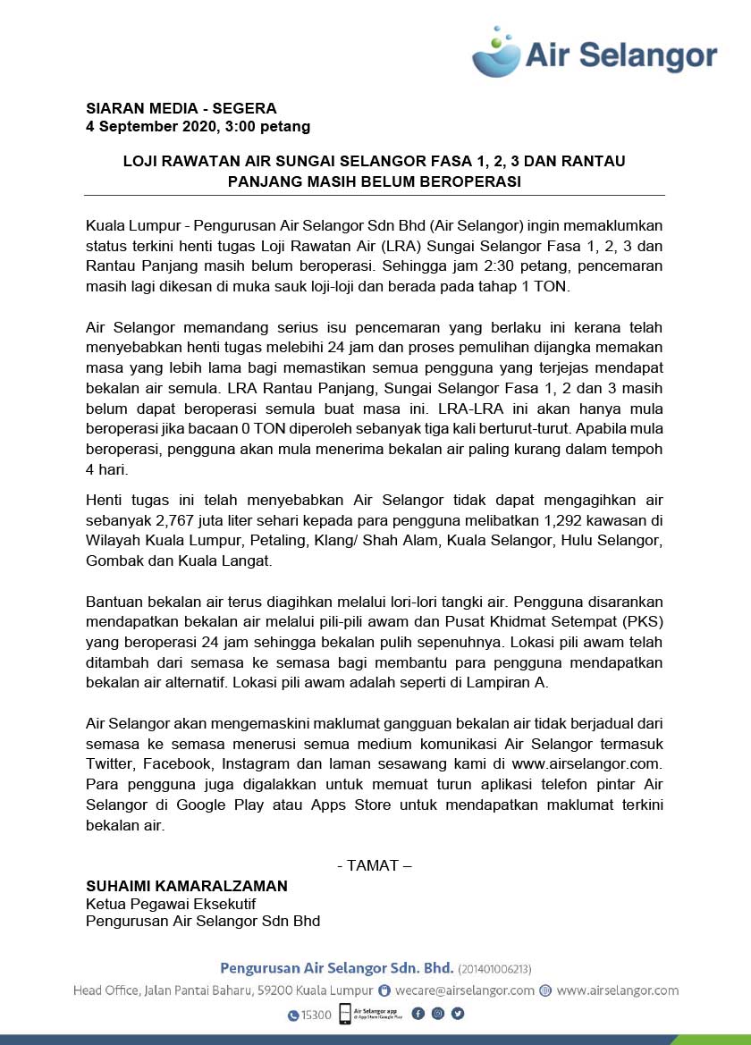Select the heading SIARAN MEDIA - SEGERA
tap(181, 108)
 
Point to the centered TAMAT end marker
tap(375, 865)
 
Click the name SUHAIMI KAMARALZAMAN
tap(187, 886)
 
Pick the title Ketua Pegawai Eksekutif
tap(170, 904)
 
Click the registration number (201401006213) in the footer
tap(494, 969)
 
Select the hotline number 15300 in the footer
tap(316, 1016)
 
